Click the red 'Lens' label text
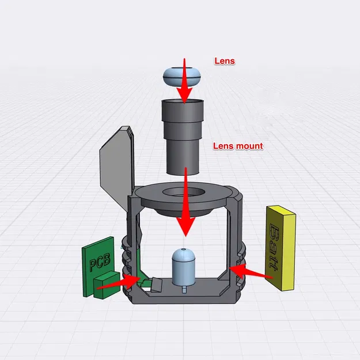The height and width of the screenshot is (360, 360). (225, 60)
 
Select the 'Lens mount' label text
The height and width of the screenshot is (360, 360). (238, 146)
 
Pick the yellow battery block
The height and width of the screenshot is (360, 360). (281, 248)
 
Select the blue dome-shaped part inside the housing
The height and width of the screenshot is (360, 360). (183, 266)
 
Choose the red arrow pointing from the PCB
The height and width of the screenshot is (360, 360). (118, 283)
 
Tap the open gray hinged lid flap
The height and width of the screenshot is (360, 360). (116, 167)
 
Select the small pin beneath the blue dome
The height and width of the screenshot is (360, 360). (183, 288)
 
